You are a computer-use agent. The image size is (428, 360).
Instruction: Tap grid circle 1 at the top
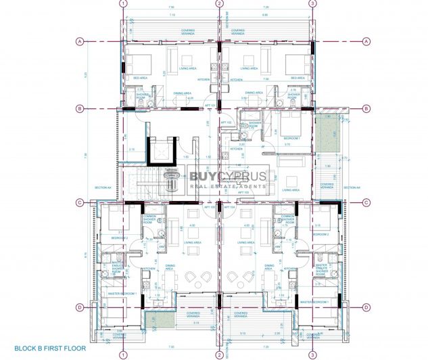point(122,3)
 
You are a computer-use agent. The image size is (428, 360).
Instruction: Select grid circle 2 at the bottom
point(219,354)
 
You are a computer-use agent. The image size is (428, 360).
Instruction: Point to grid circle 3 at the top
point(312,3)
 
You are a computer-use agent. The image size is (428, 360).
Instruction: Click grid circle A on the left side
point(80,41)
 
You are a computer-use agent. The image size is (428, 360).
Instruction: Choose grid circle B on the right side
point(366,108)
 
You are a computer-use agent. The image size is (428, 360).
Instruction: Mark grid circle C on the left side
point(80,202)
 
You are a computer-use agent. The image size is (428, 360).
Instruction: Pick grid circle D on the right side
point(366,307)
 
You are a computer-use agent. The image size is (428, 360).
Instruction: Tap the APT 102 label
point(228,122)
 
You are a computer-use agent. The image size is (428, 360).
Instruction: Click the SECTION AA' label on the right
point(350,187)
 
